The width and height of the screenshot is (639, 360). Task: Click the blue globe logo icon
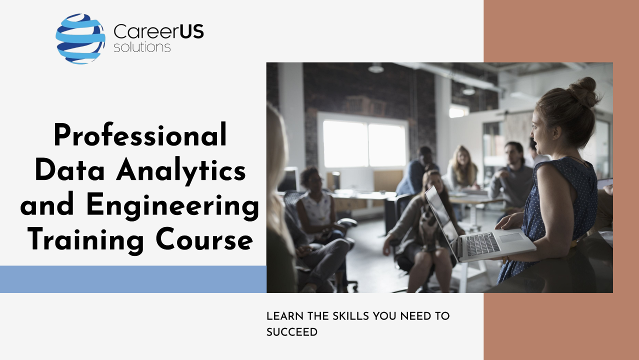[80, 39]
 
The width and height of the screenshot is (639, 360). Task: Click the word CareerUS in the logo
[158, 31]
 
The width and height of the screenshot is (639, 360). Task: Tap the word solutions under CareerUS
[142, 47]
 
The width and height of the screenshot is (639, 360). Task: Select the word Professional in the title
[140, 135]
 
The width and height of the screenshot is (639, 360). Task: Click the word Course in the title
[204, 239]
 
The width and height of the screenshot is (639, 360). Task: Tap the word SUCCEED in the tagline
[292, 332]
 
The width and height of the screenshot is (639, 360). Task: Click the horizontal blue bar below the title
[133, 279]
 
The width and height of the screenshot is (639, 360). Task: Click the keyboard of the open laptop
[482, 244]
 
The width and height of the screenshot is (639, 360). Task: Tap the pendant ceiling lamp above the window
[376, 68]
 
